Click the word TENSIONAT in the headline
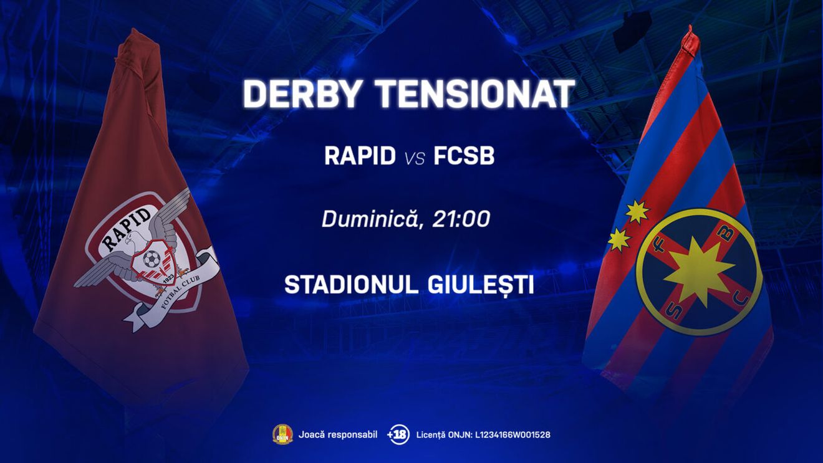click(x=475, y=95)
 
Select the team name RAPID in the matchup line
click(x=360, y=156)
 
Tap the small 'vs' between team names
click(x=415, y=158)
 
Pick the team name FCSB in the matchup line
click(x=464, y=156)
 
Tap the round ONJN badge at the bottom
click(x=282, y=434)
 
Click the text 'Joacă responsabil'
click(x=338, y=434)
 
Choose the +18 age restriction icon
click(x=397, y=434)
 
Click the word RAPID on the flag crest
click(x=126, y=230)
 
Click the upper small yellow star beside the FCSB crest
click(x=637, y=212)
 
